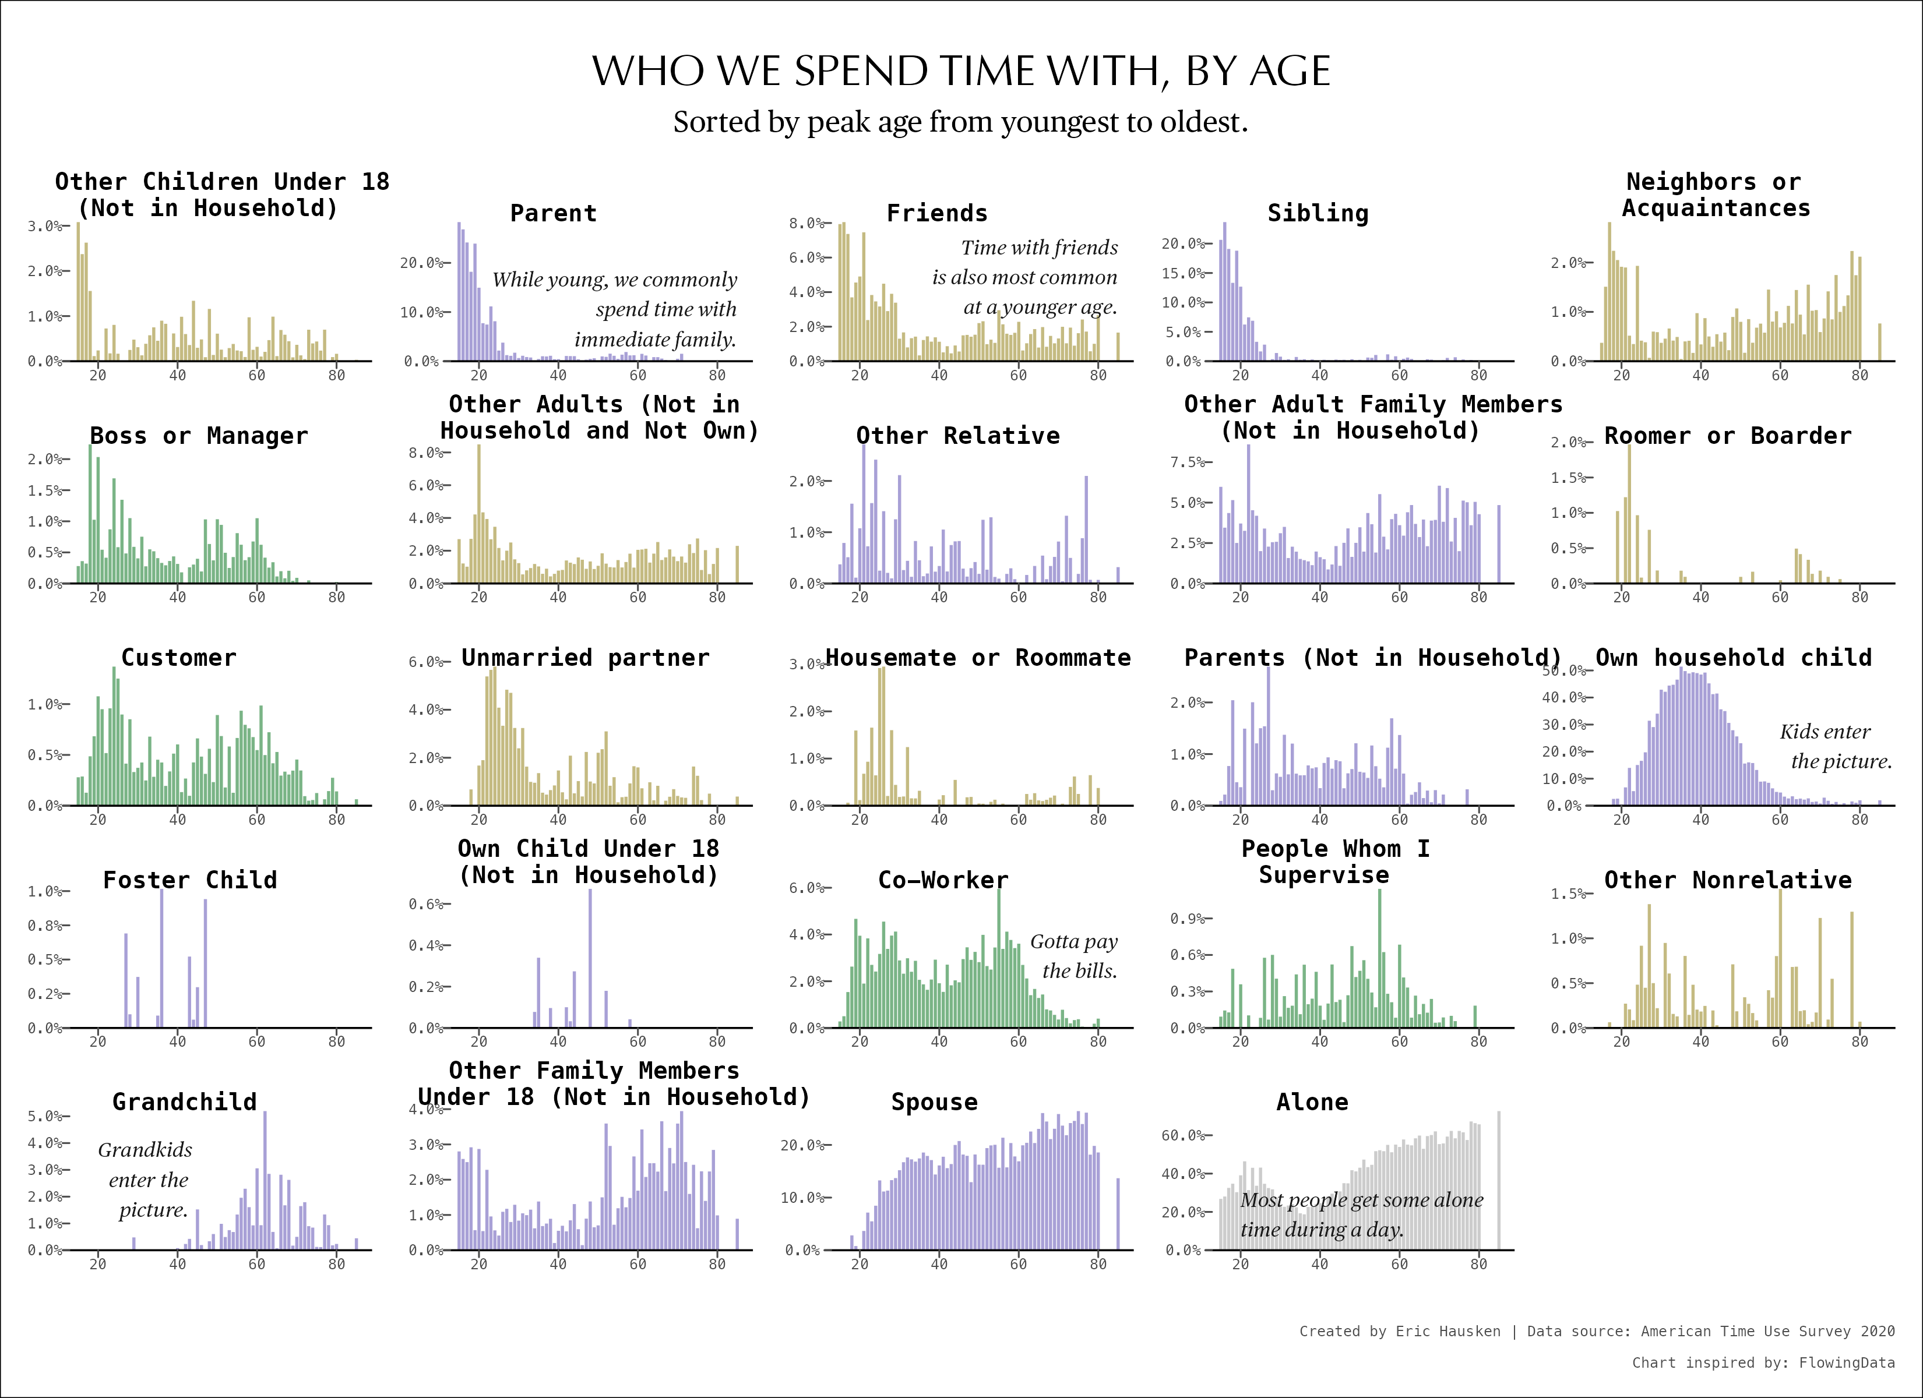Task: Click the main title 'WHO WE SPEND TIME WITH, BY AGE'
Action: coord(961,71)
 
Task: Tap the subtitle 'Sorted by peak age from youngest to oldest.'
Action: coord(961,122)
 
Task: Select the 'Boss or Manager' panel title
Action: coord(198,436)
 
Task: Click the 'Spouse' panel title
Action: coord(934,1102)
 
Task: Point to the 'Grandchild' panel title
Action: coord(184,1102)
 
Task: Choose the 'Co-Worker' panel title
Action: coord(943,880)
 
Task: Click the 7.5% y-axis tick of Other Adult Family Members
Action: coord(1186,462)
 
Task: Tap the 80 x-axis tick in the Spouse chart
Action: coord(1098,1264)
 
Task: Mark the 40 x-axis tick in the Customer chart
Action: coord(177,820)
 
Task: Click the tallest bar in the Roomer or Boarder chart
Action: coord(1629,513)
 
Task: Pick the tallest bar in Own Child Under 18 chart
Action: coord(590,958)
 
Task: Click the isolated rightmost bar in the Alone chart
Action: coord(1499,1180)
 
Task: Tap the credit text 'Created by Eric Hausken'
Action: coord(1400,1331)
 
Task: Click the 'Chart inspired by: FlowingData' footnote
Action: coord(1763,1362)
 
